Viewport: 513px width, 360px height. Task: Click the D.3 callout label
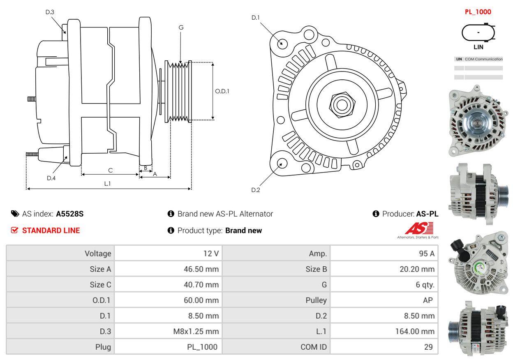50,12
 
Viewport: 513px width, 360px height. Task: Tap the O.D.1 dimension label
222,91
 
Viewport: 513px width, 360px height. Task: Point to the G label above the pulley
181,28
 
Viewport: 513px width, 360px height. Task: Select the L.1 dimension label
107,184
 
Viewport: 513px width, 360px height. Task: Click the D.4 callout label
51,178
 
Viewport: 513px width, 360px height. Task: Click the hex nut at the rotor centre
341,104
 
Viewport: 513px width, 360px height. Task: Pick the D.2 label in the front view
256,190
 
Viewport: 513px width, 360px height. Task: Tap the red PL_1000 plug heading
478,12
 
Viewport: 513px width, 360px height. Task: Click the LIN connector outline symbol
478,32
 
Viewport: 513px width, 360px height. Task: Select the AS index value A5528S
70,214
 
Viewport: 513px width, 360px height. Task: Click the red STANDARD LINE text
51,231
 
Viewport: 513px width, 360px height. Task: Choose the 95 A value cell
384,253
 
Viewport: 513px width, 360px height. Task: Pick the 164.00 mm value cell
384,331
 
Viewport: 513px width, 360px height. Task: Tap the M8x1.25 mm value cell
168,331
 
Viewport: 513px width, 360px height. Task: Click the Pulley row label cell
276,300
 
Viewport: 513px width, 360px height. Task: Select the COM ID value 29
384,347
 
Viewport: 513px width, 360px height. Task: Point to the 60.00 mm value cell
168,300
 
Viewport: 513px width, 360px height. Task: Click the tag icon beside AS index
15,214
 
